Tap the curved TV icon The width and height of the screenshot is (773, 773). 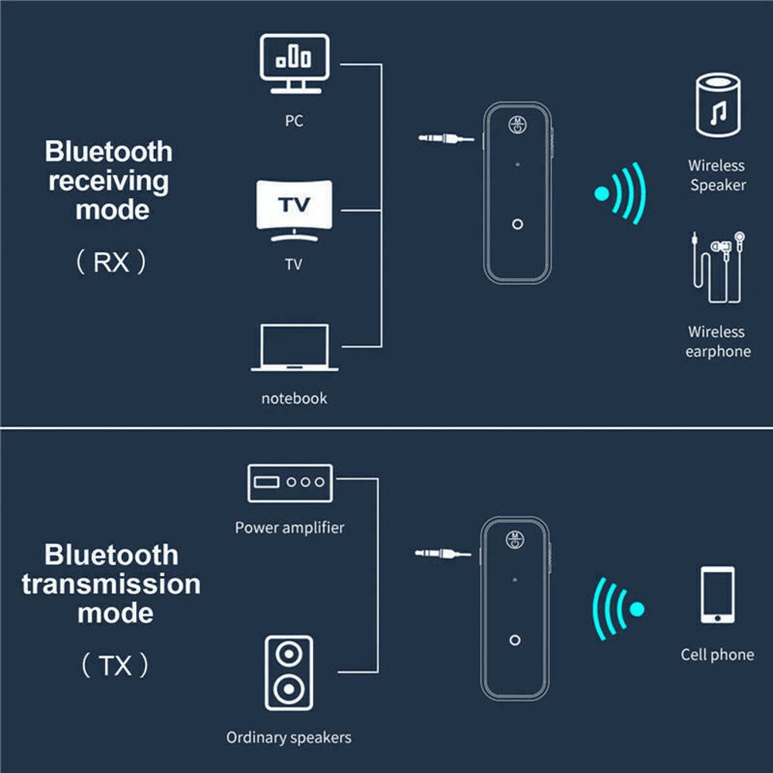[x=294, y=209]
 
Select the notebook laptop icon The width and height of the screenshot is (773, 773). [x=294, y=348]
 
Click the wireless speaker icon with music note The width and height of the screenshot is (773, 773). [x=717, y=106]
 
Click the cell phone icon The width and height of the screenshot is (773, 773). [x=717, y=594]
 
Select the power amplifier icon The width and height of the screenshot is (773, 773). [x=289, y=482]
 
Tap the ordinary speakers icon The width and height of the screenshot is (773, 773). [x=288, y=673]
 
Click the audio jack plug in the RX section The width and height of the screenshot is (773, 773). [x=446, y=139]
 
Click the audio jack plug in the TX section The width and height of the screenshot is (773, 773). [x=442, y=553]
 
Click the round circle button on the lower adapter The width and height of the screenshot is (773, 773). [x=515, y=640]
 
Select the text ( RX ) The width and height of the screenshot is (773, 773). [x=111, y=263]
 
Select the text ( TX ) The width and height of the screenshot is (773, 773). [x=115, y=666]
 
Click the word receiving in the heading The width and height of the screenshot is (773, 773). [x=109, y=181]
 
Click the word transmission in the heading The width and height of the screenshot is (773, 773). [x=111, y=584]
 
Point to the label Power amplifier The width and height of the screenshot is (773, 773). [x=289, y=528]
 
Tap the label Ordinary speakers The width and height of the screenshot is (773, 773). [x=288, y=737]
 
